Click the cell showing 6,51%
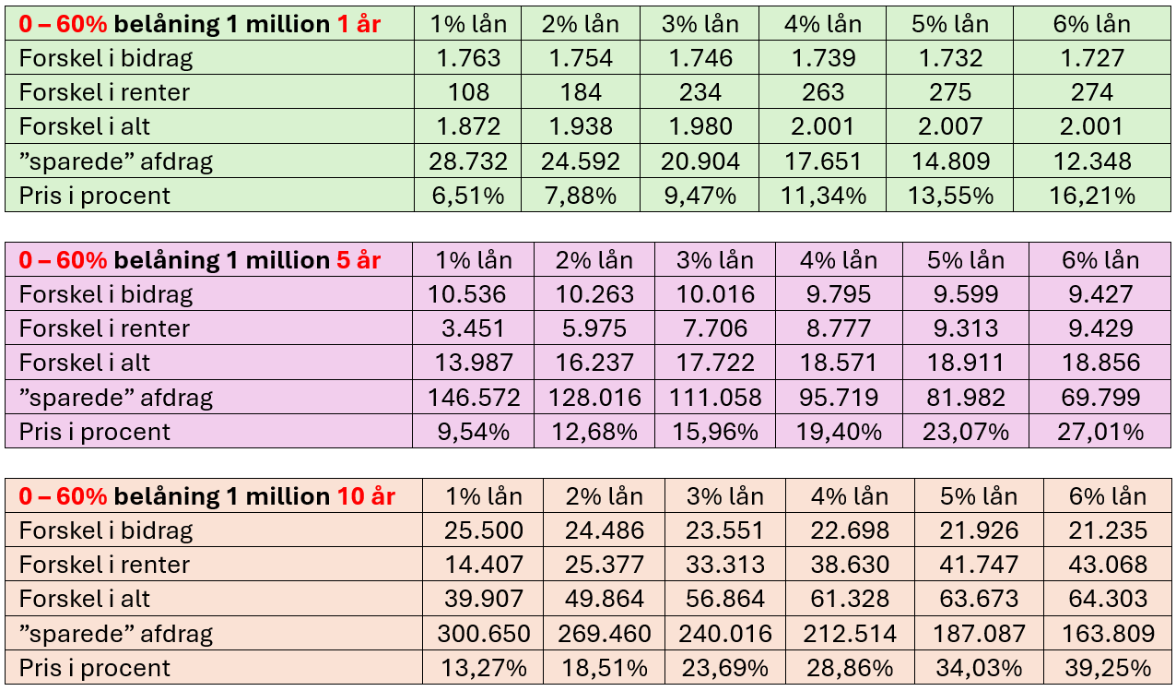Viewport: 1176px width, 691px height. [467, 196]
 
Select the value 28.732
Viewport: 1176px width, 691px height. [467, 161]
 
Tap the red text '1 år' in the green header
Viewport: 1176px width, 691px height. [359, 25]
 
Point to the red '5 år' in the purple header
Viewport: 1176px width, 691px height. [359, 260]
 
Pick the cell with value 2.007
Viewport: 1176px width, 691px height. [950, 127]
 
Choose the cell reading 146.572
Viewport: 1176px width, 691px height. [474, 398]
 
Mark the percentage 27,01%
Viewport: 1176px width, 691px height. [1100, 432]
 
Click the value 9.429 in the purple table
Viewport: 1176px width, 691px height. [1100, 328]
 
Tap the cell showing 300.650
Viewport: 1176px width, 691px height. [484, 634]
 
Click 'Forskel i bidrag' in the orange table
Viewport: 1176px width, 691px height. [106, 530]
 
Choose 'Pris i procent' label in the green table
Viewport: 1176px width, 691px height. [95, 196]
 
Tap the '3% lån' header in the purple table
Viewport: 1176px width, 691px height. [715, 260]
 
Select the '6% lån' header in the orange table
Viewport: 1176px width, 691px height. [1108, 496]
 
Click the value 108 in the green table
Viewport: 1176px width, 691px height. [467, 92]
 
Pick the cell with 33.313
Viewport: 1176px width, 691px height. [725, 565]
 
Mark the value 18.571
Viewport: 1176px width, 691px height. [838, 363]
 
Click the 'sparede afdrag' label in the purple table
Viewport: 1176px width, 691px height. [116, 398]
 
